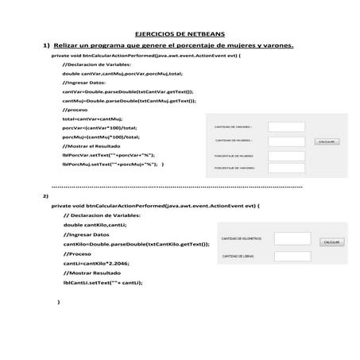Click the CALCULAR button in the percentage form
pyautogui.click(x=328, y=141)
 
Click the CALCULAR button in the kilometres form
pyautogui.click(x=331, y=242)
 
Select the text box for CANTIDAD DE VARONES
pyautogui.click(x=281, y=126)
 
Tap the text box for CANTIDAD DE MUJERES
pyautogui.click(x=281, y=141)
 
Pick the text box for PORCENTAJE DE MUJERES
pyautogui.click(x=281, y=156)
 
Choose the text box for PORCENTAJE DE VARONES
pyautogui.click(x=281, y=168)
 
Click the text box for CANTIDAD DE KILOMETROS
pyautogui.click(x=292, y=238)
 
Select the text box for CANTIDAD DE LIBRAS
pyautogui.click(x=292, y=257)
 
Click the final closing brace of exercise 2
pyautogui.click(x=60, y=303)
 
